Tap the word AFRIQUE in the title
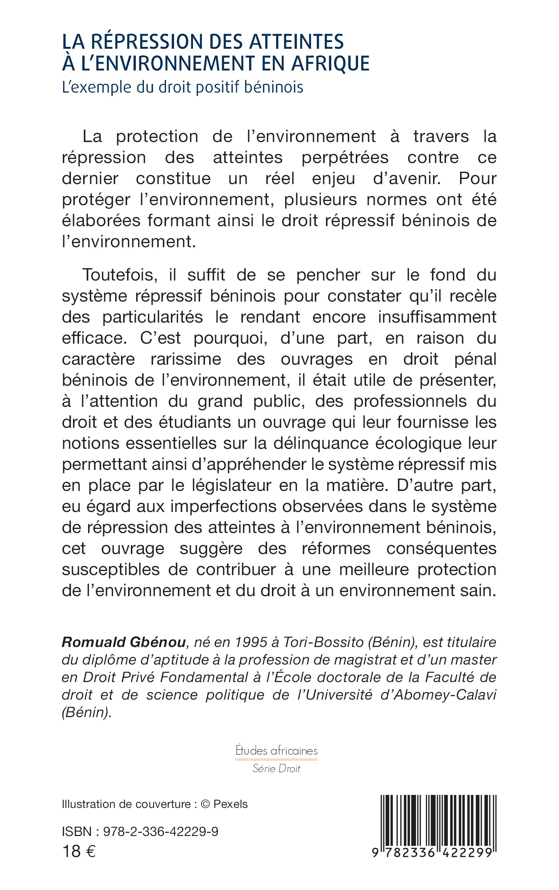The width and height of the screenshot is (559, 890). [x=330, y=63]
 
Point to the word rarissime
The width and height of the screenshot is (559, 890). [x=186, y=359]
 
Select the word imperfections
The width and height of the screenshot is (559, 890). [x=223, y=506]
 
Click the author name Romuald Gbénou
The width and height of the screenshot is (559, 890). [x=124, y=642]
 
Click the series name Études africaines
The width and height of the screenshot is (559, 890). [x=277, y=750]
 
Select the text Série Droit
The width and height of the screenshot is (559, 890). [x=277, y=769]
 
